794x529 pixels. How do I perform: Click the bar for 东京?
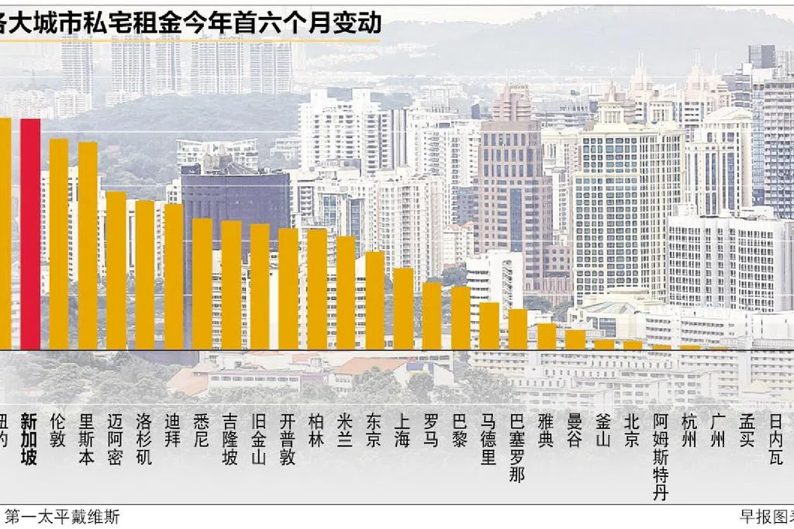tap(375, 300)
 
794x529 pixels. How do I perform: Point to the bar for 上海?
tap(403, 309)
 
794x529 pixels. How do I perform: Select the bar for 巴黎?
tap(461, 318)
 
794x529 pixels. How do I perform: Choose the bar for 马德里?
tap(489, 326)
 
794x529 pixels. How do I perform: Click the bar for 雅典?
tap(547, 337)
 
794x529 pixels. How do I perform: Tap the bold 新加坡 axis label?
tap(29, 439)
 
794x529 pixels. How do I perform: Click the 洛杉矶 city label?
tap(145, 439)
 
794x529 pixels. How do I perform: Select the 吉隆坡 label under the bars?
tap(231, 439)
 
